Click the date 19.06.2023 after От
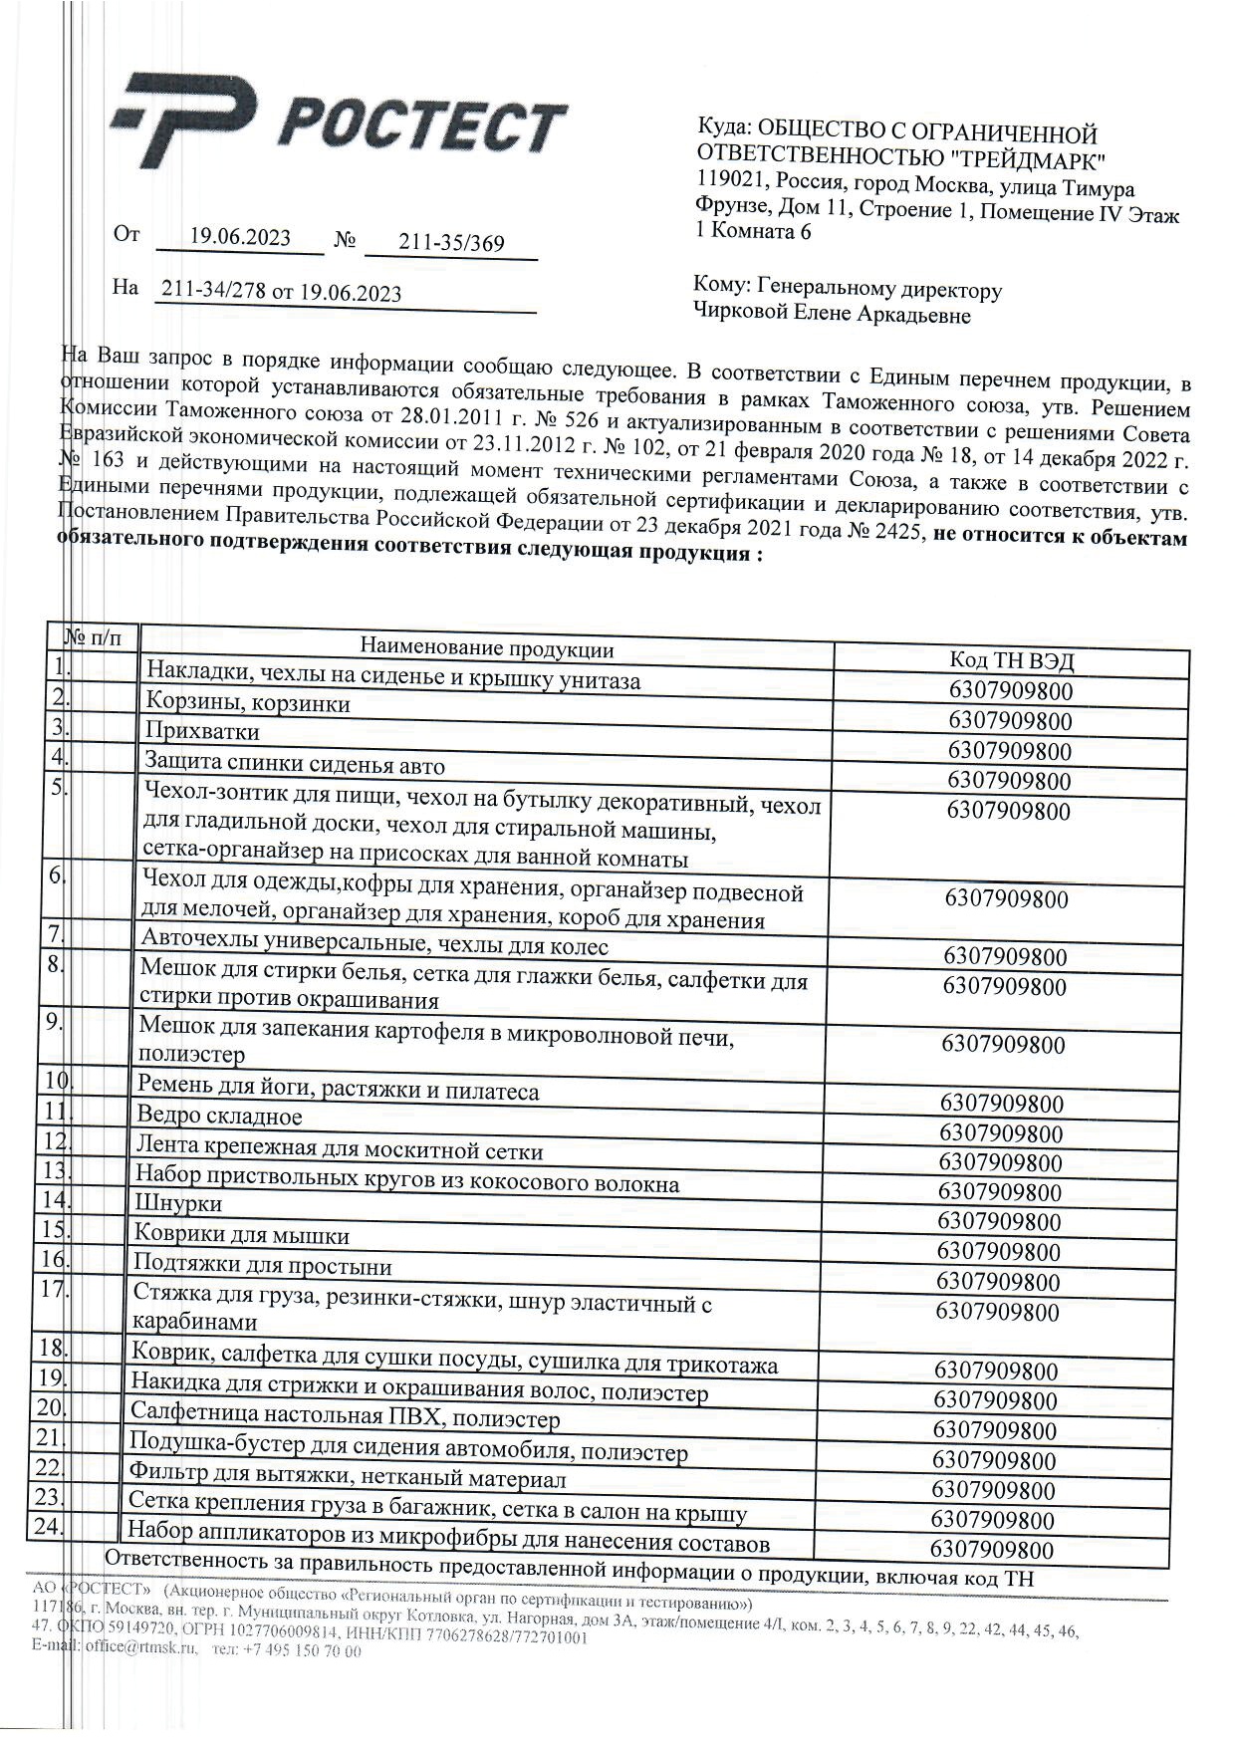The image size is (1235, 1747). pyautogui.click(x=240, y=237)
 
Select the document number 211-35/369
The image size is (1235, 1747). pyautogui.click(x=451, y=243)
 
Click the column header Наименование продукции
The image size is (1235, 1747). pyautogui.click(x=486, y=649)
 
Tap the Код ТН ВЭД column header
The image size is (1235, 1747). pyautogui.click(x=1011, y=661)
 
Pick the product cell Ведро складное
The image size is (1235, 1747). pyautogui.click(x=219, y=1117)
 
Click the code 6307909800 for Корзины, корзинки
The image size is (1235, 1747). pyautogui.click(x=1010, y=722)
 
